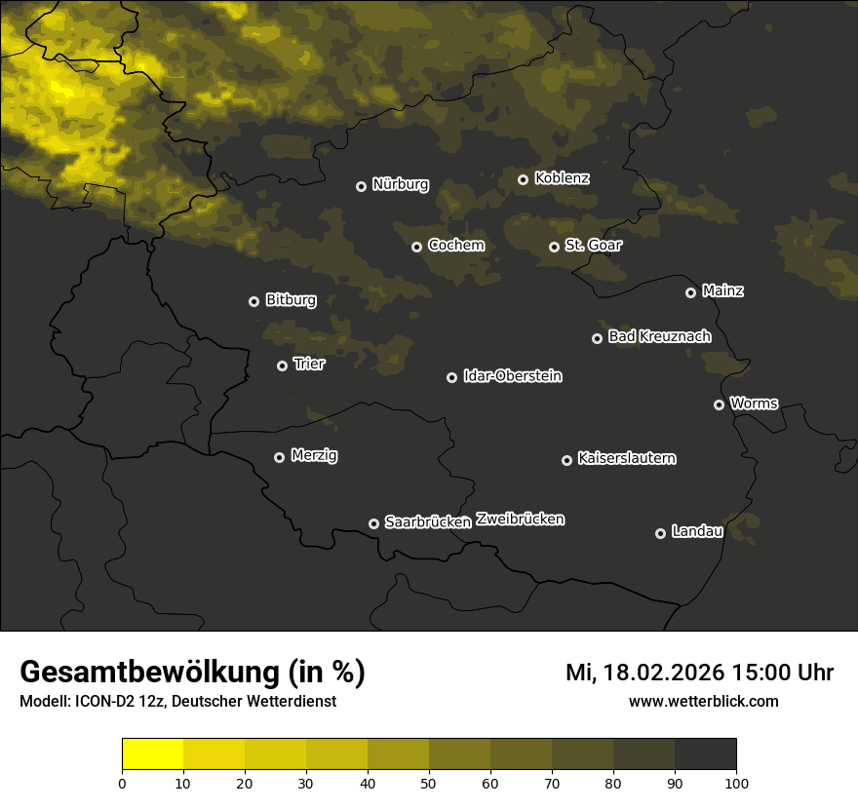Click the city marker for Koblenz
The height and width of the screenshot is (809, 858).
pos(523,179)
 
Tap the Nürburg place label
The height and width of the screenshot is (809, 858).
pos(400,184)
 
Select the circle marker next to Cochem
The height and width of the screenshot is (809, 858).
pos(416,247)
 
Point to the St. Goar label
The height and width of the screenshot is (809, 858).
pos(593,246)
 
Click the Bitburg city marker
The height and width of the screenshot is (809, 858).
pos(253,301)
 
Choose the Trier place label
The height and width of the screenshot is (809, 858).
pos(309,364)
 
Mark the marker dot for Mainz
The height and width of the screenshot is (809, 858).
pos(690,292)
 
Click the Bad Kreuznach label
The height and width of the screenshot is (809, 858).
pos(659,336)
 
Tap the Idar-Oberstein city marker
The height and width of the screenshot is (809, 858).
pos(451,377)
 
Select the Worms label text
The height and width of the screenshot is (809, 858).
pos(754,403)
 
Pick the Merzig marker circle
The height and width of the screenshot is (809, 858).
pos(279,457)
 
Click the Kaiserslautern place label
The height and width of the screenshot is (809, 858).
pos(626,458)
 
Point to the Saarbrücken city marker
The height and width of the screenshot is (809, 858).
pos(373,523)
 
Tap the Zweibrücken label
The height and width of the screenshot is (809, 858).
pos(520,520)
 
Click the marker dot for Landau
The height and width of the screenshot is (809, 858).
pos(660,533)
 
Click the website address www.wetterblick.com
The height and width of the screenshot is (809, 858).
pos(703,701)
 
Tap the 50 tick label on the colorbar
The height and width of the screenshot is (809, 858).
pos(429,783)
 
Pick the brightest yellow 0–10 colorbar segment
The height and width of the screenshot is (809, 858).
pos(152,754)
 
